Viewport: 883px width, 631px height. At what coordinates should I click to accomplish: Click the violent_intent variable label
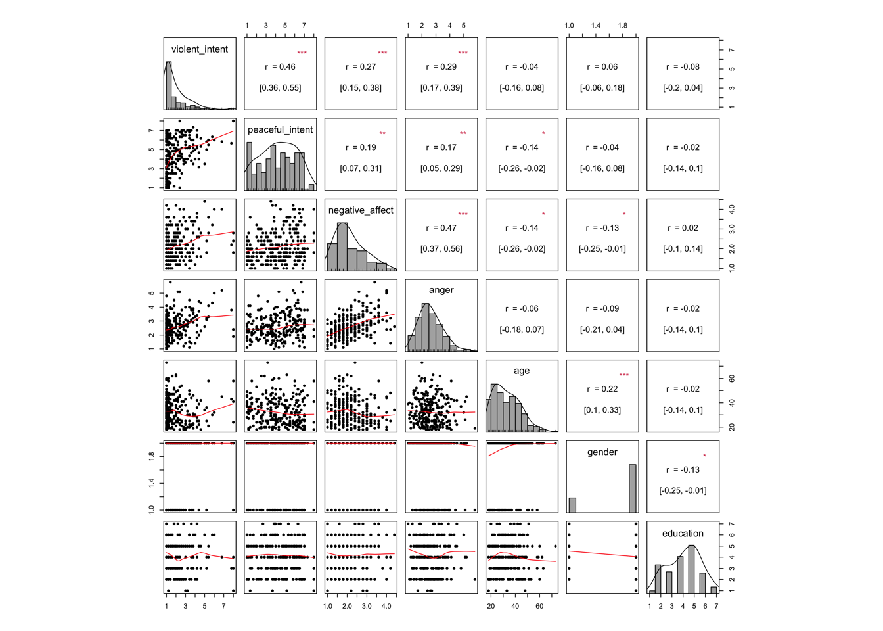pyautogui.click(x=200, y=49)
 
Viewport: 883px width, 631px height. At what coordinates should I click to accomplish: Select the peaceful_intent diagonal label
pyautogui.click(x=280, y=130)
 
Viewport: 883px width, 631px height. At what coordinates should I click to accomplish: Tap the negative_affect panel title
pyautogui.click(x=361, y=210)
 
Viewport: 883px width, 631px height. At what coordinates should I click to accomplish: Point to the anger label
pyautogui.click(x=441, y=290)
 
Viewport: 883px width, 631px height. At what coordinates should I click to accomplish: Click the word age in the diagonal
pyautogui.click(x=522, y=371)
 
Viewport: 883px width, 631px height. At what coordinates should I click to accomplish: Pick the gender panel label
pyautogui.click(x=602, y=452)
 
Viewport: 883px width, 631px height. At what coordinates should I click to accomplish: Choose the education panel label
pyautogui.click(x=683, y=534)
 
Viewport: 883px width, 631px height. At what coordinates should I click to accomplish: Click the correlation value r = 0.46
pyautogui.click(x=280, y=67)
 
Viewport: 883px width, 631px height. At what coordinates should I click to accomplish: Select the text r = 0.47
pyautogui.click(x=441, y=228)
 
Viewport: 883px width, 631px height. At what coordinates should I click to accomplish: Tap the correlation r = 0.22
pyautogui.click(x=602, y=389)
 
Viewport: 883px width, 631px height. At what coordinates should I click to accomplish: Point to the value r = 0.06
pyautogui.click(x=602, y=67)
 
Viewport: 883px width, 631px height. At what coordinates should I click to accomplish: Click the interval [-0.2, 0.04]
pyautogui.click(x=683, y=88)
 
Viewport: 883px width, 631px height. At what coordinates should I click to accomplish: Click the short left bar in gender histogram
pyautogui.click(x=572, y=505)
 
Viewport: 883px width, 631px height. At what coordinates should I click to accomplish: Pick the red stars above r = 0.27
pyautogui.click(x=382, y=53)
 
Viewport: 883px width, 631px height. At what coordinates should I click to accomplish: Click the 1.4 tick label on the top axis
pyautogui.click(x=595, y=26)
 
